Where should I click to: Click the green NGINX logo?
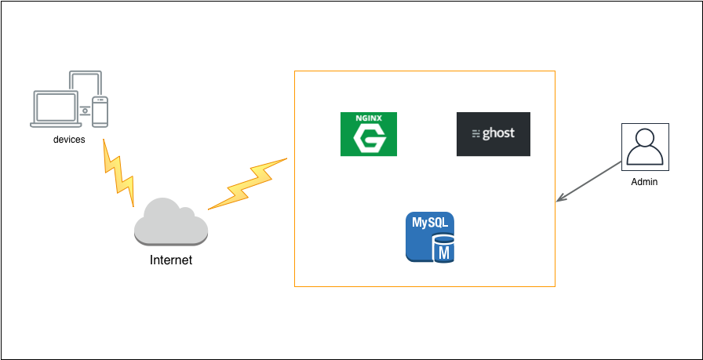tap(369, 134)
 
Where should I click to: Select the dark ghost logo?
tap(494, 134)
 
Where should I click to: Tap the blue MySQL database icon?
tap(430, 237)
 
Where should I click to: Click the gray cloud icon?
tap(171, 222)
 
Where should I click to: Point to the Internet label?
tap(171, 260)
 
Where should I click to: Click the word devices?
tap(69, 140)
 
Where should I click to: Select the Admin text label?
tap(644, 182)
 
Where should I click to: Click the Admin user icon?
tap(645, 147)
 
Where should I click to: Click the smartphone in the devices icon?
tap(100, 111)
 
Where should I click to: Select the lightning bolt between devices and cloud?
tap(118, 173)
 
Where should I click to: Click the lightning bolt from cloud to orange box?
tap(247, 184)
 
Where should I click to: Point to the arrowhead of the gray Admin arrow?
tap(560, 198)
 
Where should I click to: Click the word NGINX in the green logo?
tap(369, 118)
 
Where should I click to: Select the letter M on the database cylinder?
tap(444, 253)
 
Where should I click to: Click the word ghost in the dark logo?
tap(498, 133)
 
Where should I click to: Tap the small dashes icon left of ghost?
tap(475, 133)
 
